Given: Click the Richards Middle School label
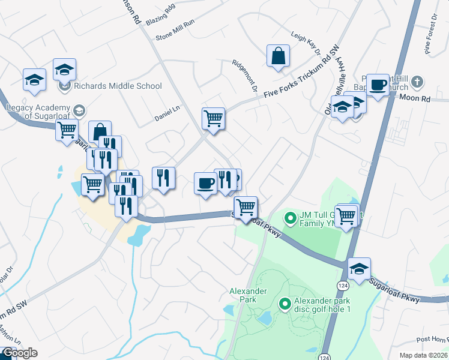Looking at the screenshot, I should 118,86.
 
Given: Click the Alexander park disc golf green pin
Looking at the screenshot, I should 286,305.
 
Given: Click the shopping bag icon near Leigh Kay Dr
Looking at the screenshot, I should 279,56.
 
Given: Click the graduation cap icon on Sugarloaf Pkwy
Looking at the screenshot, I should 359,269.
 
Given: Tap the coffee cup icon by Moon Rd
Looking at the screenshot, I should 378,86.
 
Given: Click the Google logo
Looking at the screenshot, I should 19,353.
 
